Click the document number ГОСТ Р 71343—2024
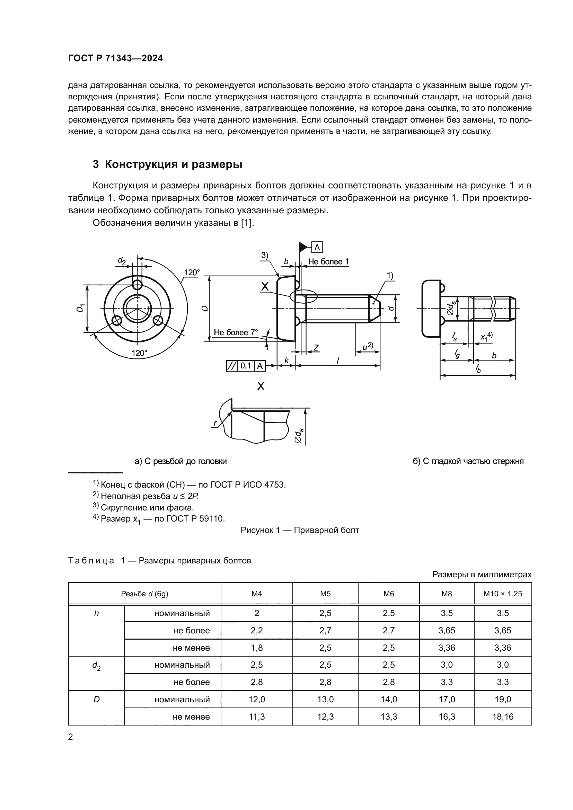(x=115, y=59)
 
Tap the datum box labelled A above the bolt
(x=317, y=247)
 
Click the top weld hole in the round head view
(x=137, y=284)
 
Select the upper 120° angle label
(x=192, y=272)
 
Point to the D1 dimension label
(x=80, y=308)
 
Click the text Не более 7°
(x=236, y=332)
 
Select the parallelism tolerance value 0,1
(x=246, y=366)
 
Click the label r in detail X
(x=215, y=423)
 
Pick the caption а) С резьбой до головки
(x=180, y=461)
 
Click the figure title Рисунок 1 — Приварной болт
(x=300, y=530)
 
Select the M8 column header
(x=446, y=594)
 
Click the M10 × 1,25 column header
(x=502, y=594)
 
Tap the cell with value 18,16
(x=502, y=716)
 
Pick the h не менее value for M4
(x=256, y=648)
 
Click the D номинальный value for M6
(x=388, y=699)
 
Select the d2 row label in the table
(x=96, y=665)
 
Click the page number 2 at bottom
(x=71, y=737)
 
